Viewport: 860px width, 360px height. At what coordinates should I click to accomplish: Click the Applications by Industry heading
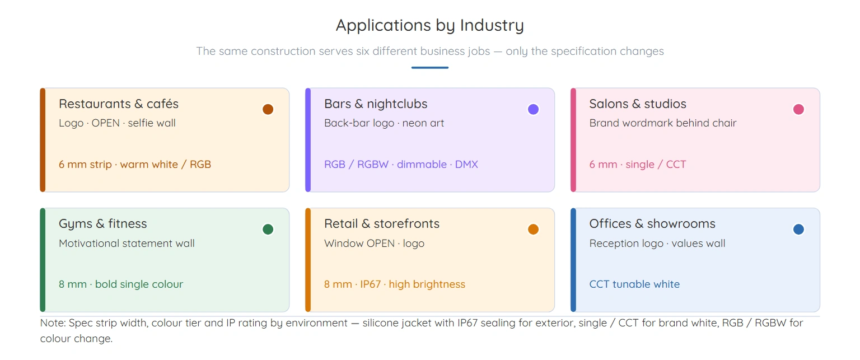coord(429,26)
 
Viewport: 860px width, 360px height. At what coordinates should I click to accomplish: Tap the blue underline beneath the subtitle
coord(429,68)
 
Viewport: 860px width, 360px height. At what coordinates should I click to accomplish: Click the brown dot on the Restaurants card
coord(268,109)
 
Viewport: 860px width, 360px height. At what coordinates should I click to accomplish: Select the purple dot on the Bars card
coord(533,109)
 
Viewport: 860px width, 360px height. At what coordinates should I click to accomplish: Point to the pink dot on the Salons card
coord(798,109)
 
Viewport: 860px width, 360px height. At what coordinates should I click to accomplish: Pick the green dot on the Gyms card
coord(268,229)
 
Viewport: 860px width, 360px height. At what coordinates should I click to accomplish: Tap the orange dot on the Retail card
coord(533,229)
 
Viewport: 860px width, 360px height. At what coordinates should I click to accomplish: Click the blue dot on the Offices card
coord(798,229)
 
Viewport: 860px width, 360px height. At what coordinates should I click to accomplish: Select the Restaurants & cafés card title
coord(119,104)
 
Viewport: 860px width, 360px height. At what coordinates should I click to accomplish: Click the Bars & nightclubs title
coord(376,104)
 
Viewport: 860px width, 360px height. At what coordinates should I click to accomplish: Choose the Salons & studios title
coord(638,104)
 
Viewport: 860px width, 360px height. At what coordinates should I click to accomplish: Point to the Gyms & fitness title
coord(103,224)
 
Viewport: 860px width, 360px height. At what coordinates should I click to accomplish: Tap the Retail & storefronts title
coord(382,223)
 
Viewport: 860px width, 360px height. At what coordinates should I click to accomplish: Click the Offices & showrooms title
coord(652,223)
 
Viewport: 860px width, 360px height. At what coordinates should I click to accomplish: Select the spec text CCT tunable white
coord(634,284)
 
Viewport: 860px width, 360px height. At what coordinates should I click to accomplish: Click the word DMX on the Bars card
coord(466,164)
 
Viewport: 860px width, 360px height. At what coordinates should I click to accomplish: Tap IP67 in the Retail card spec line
coord(371,284)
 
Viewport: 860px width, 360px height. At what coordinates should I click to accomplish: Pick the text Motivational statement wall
coord(127,244)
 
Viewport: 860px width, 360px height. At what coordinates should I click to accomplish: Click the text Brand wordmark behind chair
coord(663,123)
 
